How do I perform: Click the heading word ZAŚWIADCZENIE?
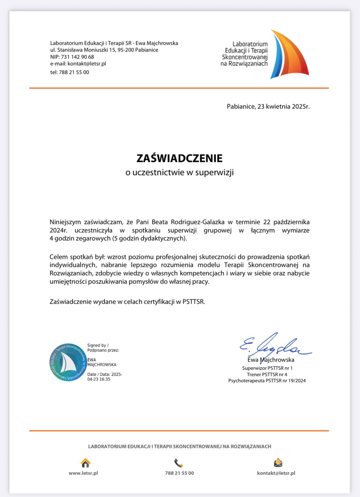[x=180, y=158]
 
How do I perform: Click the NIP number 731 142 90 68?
[x=77, y=57]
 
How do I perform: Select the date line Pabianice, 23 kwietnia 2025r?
[x=268, y=107]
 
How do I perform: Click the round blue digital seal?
[x=68, y=363]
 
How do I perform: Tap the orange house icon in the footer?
[x=85, y=463]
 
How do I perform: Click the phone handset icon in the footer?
[x=179, y=463]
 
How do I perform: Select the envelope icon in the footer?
[x=278, y=463]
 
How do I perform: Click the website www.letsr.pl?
[x=83, y=473]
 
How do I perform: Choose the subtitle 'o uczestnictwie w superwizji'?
[x=180, y=172]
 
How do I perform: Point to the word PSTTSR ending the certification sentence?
[x=193, y=302]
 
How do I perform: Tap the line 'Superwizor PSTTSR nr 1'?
[x=267, y=368]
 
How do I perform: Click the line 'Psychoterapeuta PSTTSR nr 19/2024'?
[x=267, y=381]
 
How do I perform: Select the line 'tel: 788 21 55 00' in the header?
[x=70, y=72]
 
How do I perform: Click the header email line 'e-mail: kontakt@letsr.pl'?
[x=78, y=64]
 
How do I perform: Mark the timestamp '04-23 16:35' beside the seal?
[x=99, y=379]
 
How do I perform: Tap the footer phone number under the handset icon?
[x=180, y=473]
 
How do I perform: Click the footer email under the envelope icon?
[x=276, y=473]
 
